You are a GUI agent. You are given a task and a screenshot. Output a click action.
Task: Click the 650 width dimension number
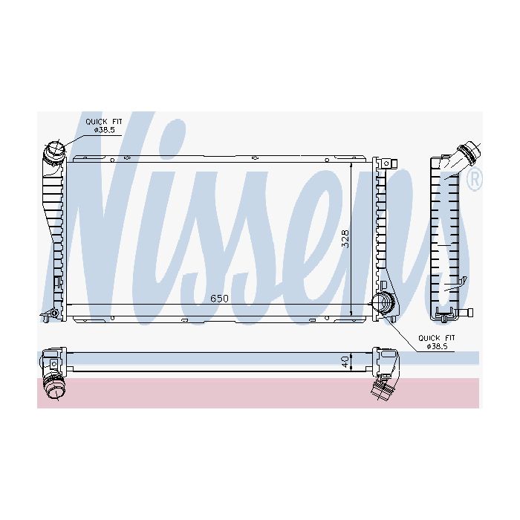pyautogui.click(x=220, y=299)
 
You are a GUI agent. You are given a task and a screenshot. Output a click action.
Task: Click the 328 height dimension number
pyautogui.click(x=345, y=238)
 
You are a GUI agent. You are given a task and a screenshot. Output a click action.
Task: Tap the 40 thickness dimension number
pyautogui.click(x=346, y=362)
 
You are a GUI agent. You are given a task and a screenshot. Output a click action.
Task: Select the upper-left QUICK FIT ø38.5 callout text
pyautogui.click(x=104, y=126)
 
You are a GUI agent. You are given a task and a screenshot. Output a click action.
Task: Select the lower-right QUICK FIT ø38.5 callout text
pyautogui.click(x=437, y=342)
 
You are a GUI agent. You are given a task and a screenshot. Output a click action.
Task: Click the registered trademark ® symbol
pyautogui.click(x=474, y=180)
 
